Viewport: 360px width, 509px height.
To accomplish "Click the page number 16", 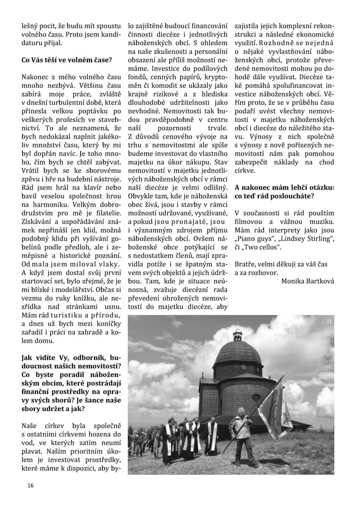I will [x=30, y=485].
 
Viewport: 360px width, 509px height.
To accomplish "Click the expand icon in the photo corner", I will [x=329, y=321].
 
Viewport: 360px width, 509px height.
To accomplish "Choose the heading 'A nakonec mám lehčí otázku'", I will [x=285, y=187].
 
